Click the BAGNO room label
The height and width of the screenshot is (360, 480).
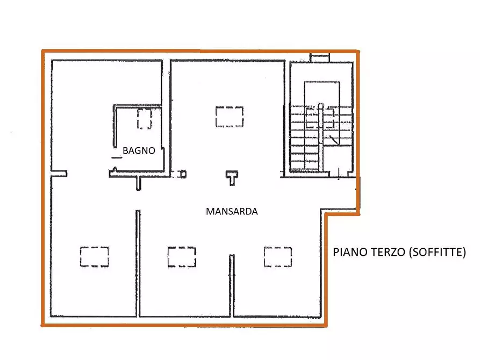(139, 150)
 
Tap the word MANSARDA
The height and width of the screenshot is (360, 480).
(232, 212)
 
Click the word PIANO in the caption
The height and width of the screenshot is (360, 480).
(349, 252)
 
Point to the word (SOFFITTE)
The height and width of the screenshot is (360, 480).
(438, 252)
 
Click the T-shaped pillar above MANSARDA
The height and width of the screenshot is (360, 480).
(232, 177)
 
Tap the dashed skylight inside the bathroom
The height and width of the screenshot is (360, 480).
(145, 119)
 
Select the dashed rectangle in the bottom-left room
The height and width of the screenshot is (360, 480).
(94, 257)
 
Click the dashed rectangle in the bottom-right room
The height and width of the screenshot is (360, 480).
(278, 257)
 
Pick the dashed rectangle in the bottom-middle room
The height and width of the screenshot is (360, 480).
(182, 257)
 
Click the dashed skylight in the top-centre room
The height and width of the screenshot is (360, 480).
(230, 117)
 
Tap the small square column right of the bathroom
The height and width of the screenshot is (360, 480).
(183, 174)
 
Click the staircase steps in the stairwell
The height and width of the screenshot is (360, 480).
(304, 137)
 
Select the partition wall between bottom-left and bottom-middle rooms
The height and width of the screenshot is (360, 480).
(138, 263)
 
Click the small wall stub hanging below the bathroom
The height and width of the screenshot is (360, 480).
(139, 183)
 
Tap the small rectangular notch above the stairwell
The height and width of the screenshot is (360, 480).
(319, 56)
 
